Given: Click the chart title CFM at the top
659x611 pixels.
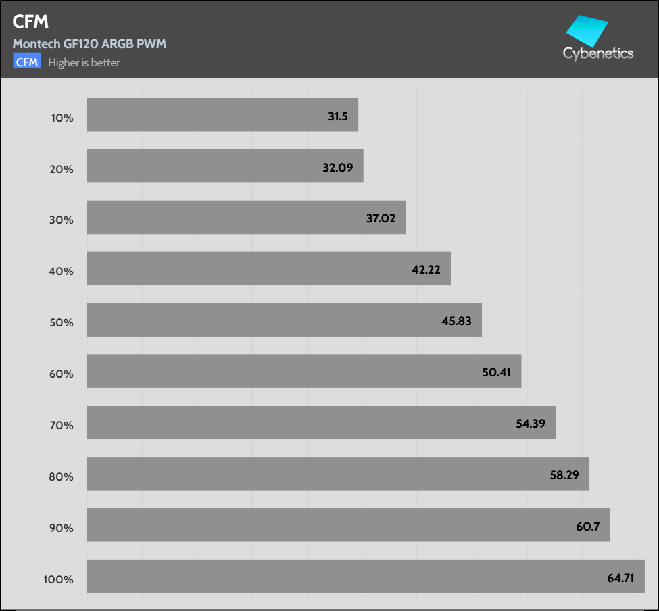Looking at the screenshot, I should tap(30, 22).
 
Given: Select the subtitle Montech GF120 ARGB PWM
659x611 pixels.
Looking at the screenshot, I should tap(89, 44).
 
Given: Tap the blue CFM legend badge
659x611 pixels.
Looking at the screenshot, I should tap(27, 62).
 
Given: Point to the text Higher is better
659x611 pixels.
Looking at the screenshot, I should tap(84, 63).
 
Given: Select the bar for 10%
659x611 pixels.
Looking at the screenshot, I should tap(203, 115).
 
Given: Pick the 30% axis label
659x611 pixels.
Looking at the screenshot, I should tap(62, 220).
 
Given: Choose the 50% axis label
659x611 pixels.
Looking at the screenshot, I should tap(62, 323).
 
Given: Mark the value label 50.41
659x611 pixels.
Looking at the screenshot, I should tap(495, 372).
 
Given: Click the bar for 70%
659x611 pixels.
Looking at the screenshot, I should tap(304, 422).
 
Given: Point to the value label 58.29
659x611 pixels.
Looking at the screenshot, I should tap(564, 474).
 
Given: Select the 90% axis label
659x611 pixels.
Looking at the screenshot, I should tap(62, 528).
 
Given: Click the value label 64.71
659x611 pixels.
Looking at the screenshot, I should tap(620, 577).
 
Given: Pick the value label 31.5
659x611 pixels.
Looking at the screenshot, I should tap(338, 116).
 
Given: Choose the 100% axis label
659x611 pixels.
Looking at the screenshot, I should tap(59, 579).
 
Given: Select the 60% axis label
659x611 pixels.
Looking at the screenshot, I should tap(62, 374).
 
